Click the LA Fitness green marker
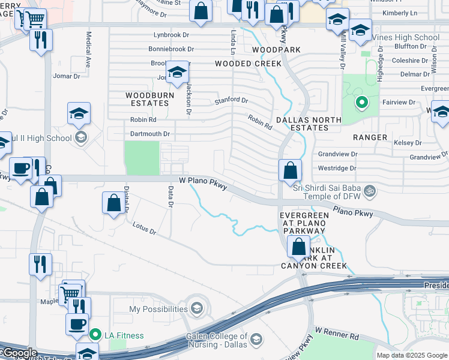click(95, 334)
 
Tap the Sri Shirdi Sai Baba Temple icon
click(371, 191)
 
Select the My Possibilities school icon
click(196, 309)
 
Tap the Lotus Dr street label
click(144, 228)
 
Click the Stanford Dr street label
click(231, 100)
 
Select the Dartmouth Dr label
click(150, 134)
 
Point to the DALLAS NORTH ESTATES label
click(308, 124)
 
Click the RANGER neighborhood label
click(370, 137)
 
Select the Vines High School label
click(406, 37)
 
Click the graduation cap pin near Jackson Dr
click(177, 74)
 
